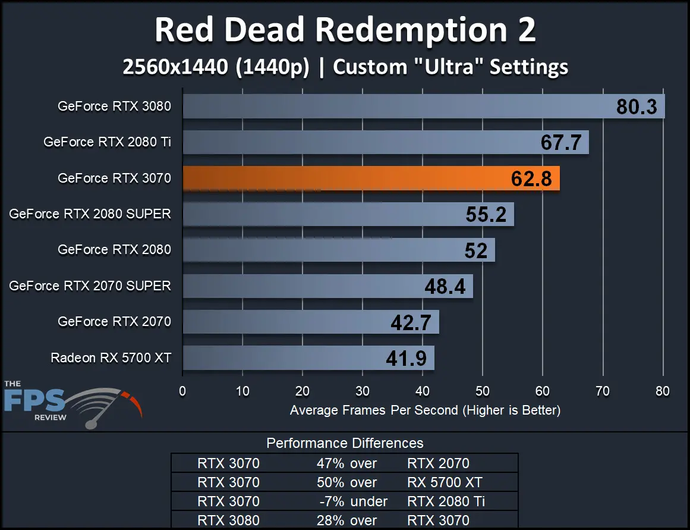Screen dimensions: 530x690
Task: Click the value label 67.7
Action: coord(560,143)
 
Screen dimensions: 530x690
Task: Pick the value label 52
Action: coord(476,251)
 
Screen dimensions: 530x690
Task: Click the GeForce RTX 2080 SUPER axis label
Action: coord(90,214)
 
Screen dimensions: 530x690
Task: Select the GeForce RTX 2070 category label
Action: coord(114,322)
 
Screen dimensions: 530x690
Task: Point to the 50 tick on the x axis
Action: coord(483,391)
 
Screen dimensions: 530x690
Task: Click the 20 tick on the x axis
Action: coord(303,391)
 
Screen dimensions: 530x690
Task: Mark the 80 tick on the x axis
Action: coord(662,391)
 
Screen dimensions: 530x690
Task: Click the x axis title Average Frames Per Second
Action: coord(425,410)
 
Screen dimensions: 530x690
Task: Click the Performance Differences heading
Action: coord(345,443)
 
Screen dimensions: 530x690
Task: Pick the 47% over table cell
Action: coord(346,463)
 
